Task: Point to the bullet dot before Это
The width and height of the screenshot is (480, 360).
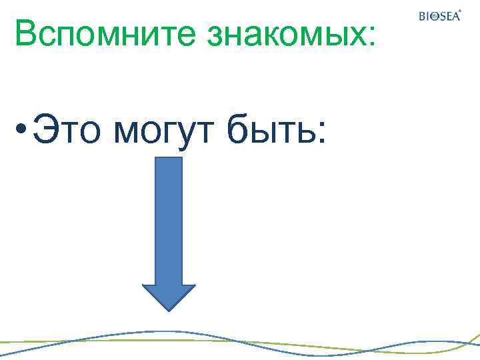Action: (22, 127)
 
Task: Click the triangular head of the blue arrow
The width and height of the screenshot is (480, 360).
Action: (169, 296)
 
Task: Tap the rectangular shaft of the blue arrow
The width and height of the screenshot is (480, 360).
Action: (169, 220)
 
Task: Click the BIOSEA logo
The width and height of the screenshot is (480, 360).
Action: (439, 16)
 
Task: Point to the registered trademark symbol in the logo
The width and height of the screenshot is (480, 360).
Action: (459, 11)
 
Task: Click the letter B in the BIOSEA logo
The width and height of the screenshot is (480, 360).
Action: (422, 17)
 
